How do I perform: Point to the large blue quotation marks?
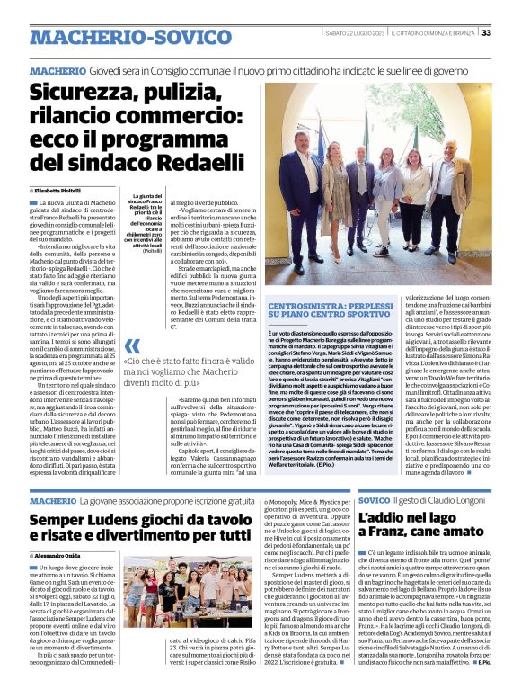point(132,346)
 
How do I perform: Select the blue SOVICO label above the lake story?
point(372,499)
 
